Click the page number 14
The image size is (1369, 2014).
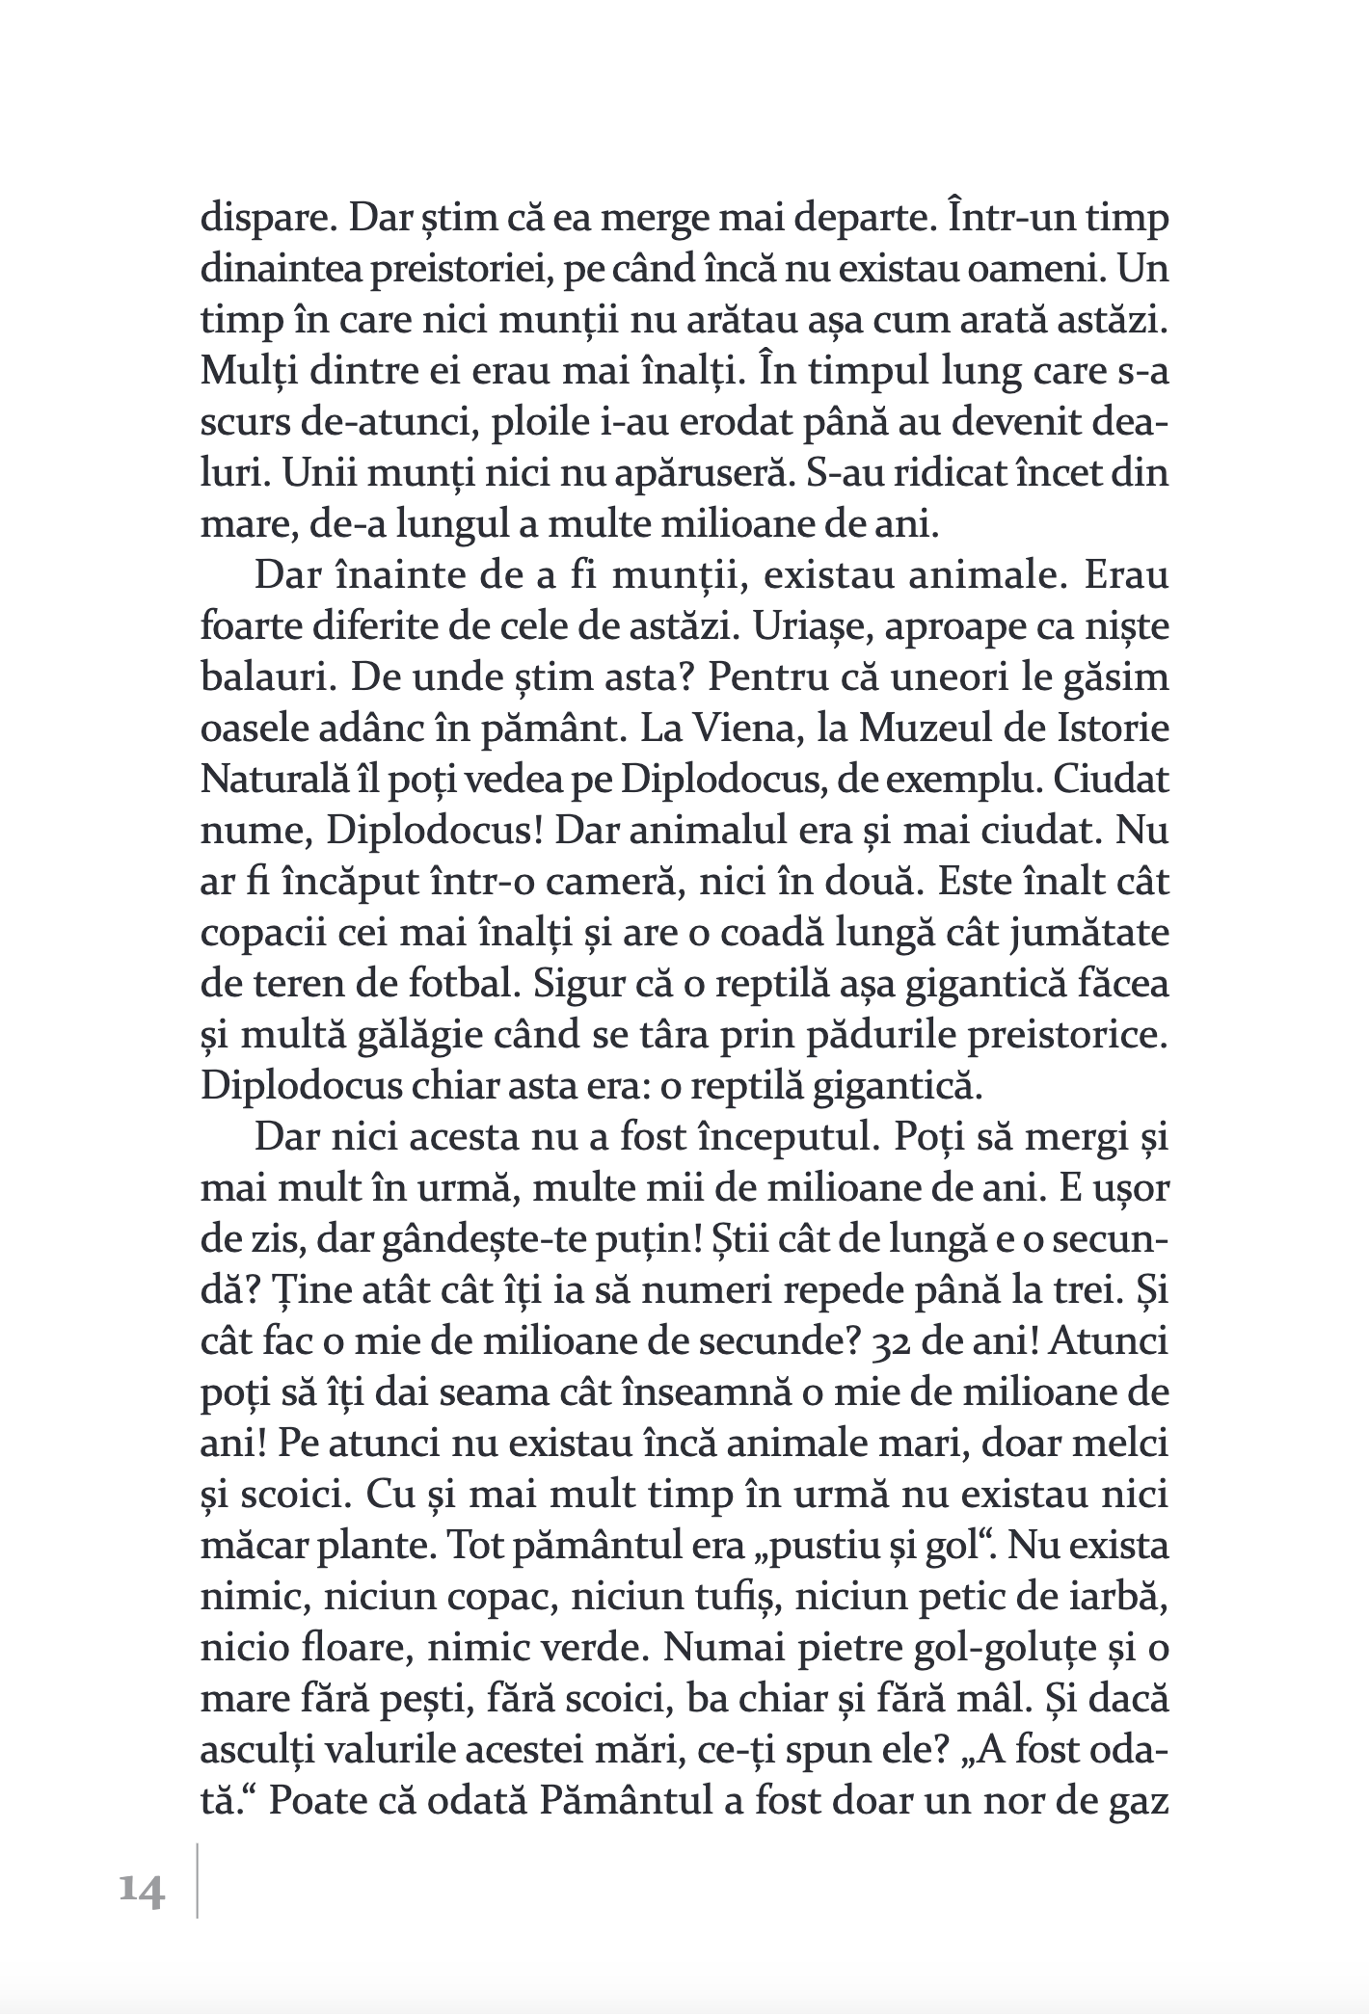(142, 1892)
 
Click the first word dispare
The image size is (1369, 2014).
(258, 218)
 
